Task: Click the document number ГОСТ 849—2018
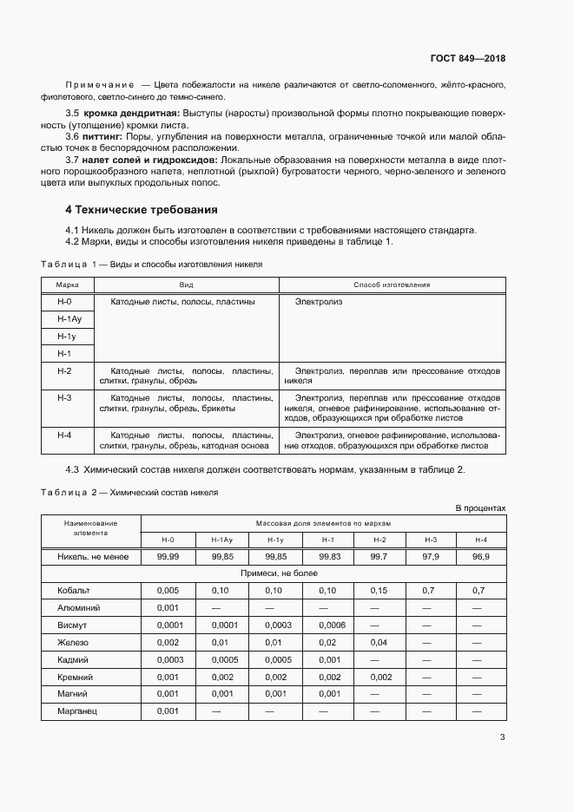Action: (x=467, y=58)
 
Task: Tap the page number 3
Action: (x=502, y=737)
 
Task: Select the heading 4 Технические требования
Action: (x=142, y=210)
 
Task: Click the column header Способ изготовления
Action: (x=392, y=285)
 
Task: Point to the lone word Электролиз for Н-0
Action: (x=319, y=301)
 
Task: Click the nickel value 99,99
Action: (x=168, y=556)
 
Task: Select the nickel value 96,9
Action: (x=481, y=556)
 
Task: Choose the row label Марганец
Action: (x=76, y=710)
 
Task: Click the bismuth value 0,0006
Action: (x=332, y=625)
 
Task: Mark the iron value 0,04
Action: (x=379, y=642)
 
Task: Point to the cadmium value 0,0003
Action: (x=168, y=659)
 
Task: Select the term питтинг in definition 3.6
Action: (x=102, y=136)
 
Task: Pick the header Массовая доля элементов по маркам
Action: (x=323, y=524)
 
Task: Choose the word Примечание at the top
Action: (x=99, y=85)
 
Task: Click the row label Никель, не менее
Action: (x=92, y=556)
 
